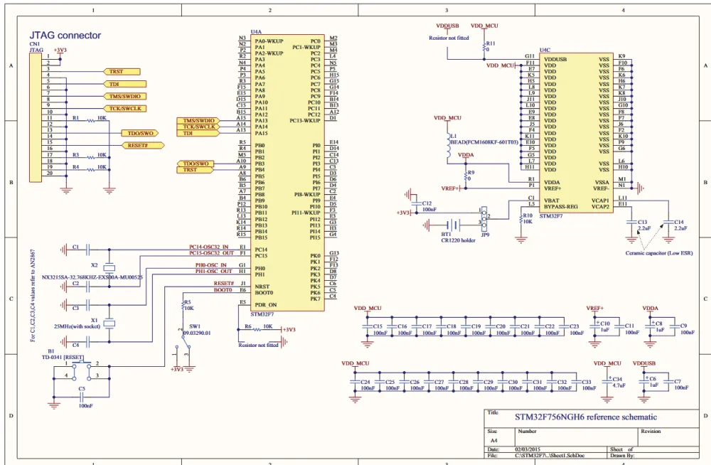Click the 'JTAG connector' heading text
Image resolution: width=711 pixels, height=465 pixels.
tap(65, 35)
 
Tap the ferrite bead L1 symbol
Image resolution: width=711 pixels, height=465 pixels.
tap(447, 137)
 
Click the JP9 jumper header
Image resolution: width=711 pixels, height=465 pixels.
tap(485, 218)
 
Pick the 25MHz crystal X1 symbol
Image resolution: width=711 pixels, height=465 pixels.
tap(109, 324)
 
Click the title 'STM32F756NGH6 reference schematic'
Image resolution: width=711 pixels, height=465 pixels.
tap(586, 417)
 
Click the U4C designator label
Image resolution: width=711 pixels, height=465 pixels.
tap(545, 50)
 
